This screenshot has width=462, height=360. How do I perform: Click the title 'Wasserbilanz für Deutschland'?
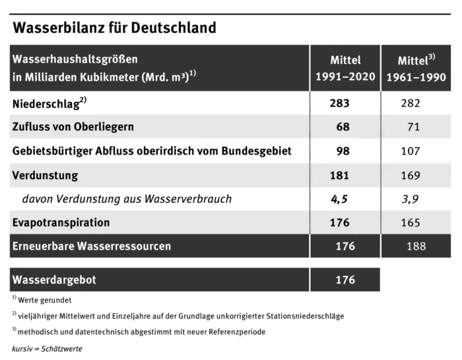[114, 28]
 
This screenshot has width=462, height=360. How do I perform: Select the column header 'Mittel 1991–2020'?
[345, 68]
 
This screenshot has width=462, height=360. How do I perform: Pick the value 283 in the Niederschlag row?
[339, 103]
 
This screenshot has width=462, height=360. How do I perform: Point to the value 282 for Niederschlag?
[411, 103]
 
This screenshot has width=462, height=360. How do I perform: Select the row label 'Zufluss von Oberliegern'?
[73, 127]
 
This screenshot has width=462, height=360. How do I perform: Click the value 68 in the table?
[343, 127]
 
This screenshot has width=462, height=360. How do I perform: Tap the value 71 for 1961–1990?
[413, 127]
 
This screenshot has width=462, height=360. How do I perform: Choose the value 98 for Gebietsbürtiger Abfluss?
[343, 151]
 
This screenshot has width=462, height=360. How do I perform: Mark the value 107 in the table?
[410, 151]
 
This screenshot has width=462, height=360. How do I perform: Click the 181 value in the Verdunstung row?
[339, 175]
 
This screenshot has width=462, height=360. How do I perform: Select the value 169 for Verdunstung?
[410, 175]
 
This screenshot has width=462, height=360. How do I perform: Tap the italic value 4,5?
[340, 199]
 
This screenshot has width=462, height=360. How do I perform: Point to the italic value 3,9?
[411, 199]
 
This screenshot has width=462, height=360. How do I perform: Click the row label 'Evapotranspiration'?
[61, 223]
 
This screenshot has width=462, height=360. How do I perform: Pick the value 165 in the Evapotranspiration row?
[410, 223]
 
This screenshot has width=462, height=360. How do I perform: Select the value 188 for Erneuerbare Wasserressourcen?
[416, 246]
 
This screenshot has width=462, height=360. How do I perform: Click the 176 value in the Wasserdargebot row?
[345, 280]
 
